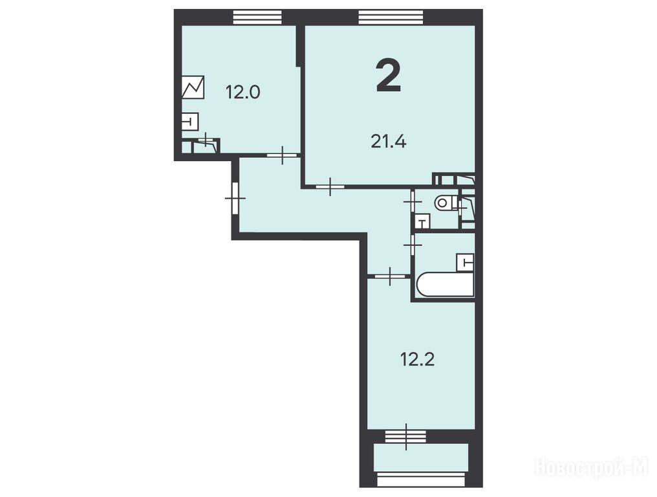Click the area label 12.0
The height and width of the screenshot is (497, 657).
pyautogui.click(x=243, y=91)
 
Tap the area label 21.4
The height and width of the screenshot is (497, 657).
pyautogui.click(x=389, y=142)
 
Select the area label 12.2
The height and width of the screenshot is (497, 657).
pyautogui.click(x=417, y=359)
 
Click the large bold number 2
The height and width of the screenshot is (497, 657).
pyautogui.click(x=389, y=75)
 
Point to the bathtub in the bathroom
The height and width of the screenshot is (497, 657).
pyautogui.click(x=445, y=285)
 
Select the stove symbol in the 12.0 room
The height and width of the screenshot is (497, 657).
pyautogui.click(x=193, y=87)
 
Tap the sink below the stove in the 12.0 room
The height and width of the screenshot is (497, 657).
pyautogui.click(x=190, y=122)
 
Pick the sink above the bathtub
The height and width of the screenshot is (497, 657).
pyautogui.click(x=466, y=263)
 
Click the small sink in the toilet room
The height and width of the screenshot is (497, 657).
pyautogui.click(x=422, y=221)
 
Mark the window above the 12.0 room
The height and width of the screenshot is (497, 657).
pyautogui.click(x=257, y=17)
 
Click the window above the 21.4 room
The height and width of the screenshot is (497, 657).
pyautogui.click(x=391, y=17)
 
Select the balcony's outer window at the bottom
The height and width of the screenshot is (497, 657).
pyautogui.click(x=421, y=480)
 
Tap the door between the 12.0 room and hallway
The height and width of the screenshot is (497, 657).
pyautogui.click(x=282, y=155)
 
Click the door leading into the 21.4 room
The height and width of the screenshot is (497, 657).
pyautogui.click(x=330, y=186)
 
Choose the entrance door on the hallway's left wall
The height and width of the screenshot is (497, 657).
pyautogui.click(x=235, y=197)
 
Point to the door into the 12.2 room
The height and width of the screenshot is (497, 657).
pyautogui.click(x=390, y=276)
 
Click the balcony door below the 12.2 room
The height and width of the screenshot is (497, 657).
pyautogui.click(x=406, y=437)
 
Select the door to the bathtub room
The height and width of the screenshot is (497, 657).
pyautogui.click(x=413, y=244)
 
